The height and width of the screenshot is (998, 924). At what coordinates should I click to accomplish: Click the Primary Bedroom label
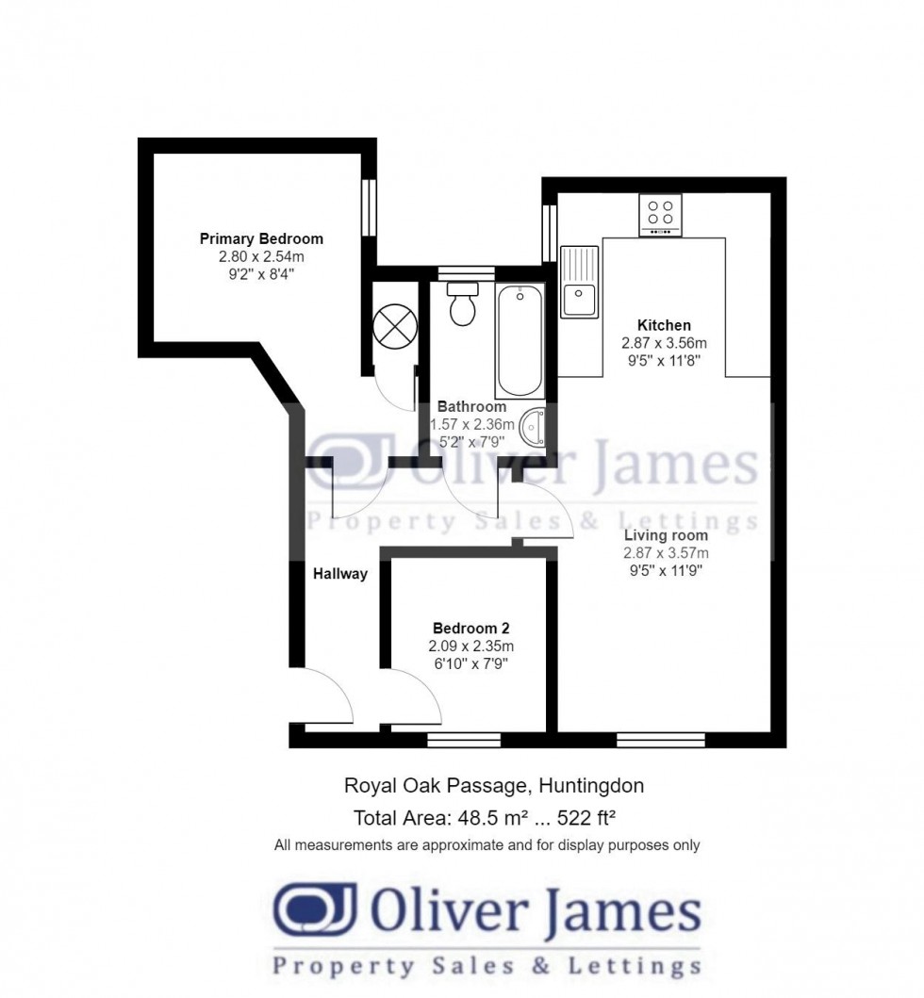point(261,238)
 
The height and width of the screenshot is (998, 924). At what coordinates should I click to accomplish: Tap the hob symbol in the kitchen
point(660,215)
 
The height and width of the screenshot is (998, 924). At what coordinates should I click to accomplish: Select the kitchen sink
point(579,282)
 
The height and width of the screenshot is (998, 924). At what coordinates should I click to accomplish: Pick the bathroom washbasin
point(534,426)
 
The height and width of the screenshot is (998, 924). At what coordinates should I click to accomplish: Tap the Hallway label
point(340,573)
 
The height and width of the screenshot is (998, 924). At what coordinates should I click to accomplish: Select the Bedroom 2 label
point(471,629)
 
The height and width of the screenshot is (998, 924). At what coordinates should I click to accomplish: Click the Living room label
point(666,535)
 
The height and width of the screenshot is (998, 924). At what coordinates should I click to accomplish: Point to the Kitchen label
point(664,325)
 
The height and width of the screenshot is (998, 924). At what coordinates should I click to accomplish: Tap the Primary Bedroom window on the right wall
point(370,205)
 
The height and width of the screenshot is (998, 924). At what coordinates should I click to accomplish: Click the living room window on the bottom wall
point(661,740)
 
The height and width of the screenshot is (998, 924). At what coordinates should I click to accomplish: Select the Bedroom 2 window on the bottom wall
point(451,740)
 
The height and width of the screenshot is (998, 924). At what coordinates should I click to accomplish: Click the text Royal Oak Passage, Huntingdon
point(494,785)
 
